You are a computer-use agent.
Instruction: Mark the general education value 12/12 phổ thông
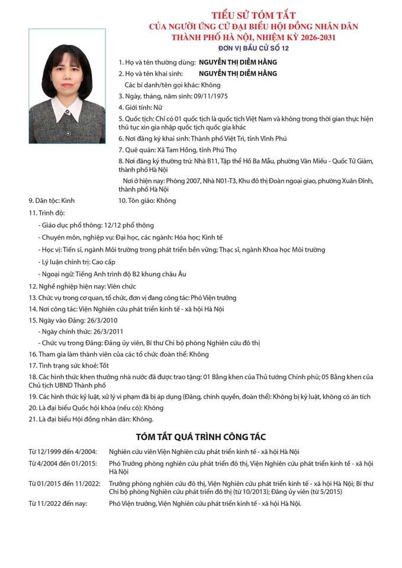128,225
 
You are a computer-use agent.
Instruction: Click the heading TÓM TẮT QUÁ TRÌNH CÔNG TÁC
201,437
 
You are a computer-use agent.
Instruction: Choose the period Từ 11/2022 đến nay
58,504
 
